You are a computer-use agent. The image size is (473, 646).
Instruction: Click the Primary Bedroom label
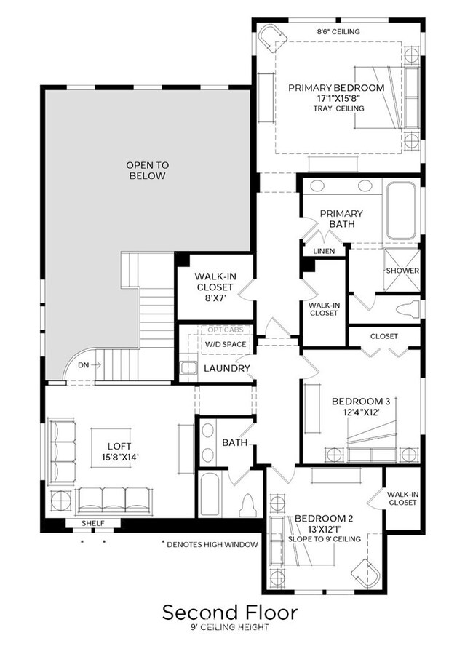336,88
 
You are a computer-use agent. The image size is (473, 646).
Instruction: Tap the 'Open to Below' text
148,170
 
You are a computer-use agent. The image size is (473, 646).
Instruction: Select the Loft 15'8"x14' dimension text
120,456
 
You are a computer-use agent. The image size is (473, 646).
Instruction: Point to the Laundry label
227,368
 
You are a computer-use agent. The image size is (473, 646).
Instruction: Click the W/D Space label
226,344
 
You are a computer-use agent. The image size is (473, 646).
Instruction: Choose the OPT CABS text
226,330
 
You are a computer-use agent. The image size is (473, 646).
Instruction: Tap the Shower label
402,271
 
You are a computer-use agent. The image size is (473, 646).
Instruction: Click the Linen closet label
324,251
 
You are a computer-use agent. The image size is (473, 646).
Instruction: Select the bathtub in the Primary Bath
401,210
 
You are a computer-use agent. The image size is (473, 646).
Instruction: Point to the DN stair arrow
95,364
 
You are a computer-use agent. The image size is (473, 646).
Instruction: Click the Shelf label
92,523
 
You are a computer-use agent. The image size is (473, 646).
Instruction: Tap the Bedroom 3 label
361,402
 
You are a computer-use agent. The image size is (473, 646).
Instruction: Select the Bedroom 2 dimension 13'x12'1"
325,529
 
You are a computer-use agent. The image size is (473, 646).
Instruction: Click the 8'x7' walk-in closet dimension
215,298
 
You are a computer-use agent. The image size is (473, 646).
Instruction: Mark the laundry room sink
188,367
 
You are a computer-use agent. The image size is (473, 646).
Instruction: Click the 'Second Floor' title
230,613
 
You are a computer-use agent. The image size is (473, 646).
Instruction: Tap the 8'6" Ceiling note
338,31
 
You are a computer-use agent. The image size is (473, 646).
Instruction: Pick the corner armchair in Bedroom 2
365,573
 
